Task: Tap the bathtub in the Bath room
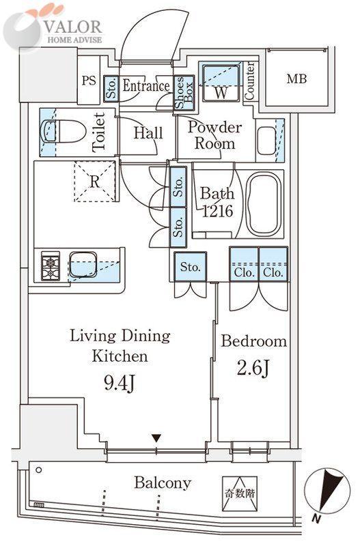pos(264,204)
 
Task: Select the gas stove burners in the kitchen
pos(51,265)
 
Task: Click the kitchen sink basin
pos(83,265)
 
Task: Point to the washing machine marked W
pos(220,83)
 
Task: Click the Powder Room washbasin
pos(266,141)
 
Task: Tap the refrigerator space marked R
pos(94,182)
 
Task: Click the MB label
pos(296,78)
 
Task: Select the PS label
pos(89,81)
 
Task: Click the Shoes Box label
pos(184,93)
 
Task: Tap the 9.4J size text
pos(119,384)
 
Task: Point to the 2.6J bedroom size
pos(253,368)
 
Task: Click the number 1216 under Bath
pos(217,211)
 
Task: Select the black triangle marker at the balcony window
pos(157,438)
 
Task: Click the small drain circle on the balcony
pos(39,470)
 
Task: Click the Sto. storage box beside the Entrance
pos(111,89)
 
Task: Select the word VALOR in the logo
pos(73,27)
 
